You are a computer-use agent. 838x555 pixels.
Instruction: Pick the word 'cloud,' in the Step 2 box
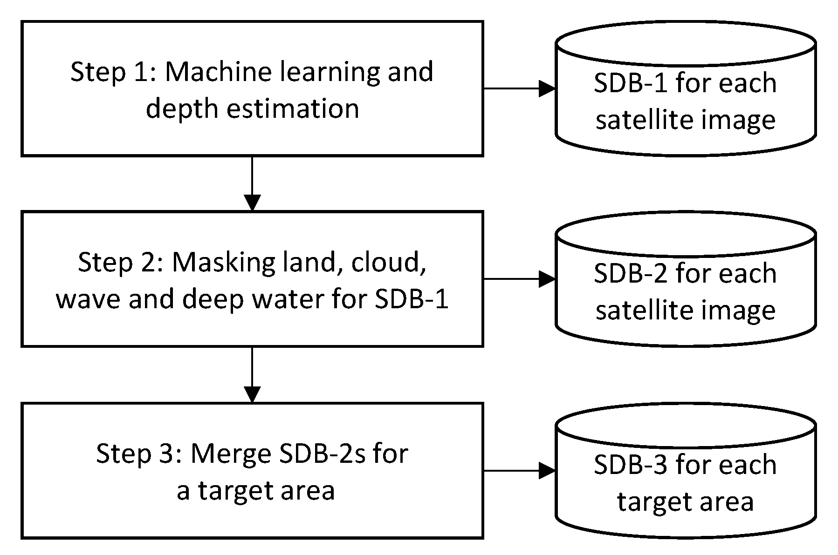(389, 262)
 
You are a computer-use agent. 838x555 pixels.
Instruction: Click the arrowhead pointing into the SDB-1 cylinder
(547, 88)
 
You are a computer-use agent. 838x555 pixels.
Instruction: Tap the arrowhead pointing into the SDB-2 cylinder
(547, 279)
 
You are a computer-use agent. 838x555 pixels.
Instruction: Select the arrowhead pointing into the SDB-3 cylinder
(547, 471)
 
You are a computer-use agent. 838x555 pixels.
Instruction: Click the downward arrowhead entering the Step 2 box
(252, 203)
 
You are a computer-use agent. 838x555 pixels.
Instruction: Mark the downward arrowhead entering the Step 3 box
(252, 394)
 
